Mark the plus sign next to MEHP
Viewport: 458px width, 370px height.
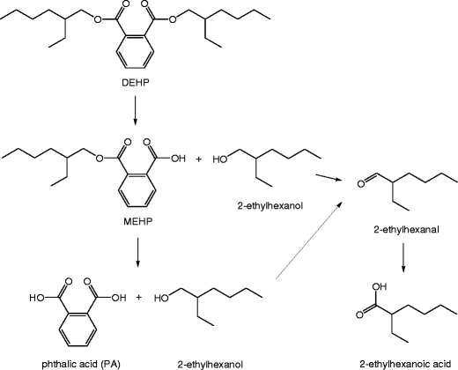(197, 159)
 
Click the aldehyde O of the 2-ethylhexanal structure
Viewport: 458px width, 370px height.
(352, 184)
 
